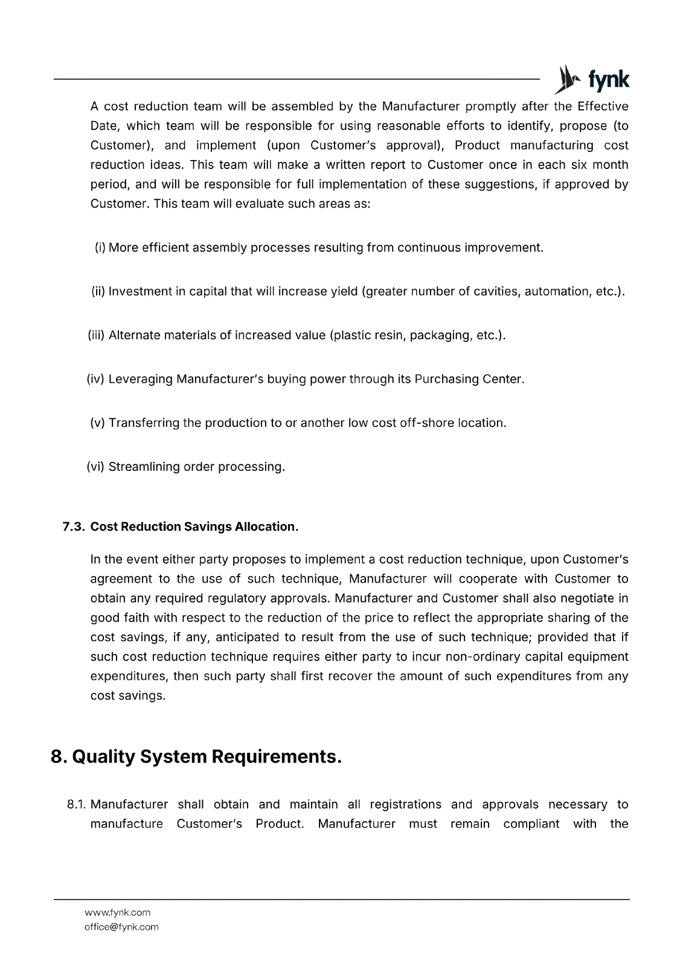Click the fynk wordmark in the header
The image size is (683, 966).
click(x=608, y=80)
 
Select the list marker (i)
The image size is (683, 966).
click(x=100, y=248)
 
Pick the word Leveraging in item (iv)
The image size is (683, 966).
click(x=141, y=379)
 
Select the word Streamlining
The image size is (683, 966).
click(x=144, y=467)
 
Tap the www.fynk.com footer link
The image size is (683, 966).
click(x=117, y=912)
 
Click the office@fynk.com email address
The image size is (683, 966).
click(x=121, y=927)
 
